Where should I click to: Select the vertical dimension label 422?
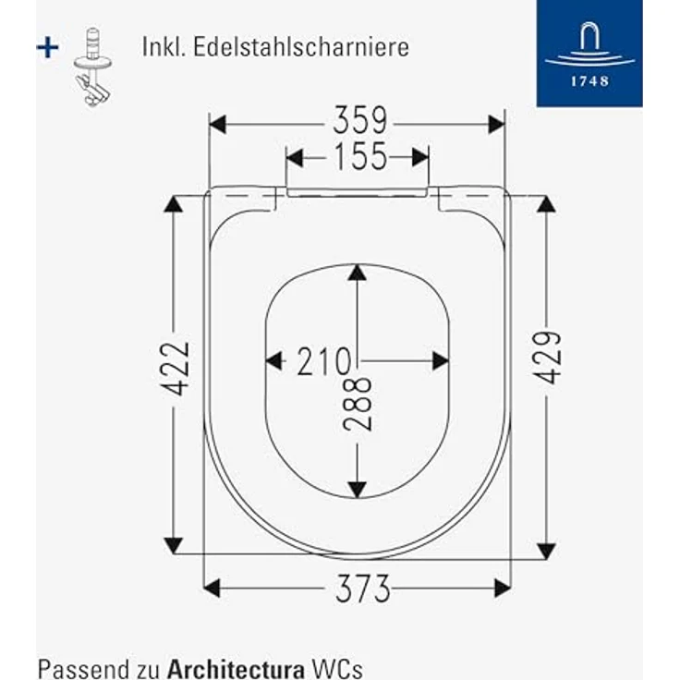coord(177,368)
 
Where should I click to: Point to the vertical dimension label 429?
coord(546,357)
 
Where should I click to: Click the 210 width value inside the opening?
coord(323,361)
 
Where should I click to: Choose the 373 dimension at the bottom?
coord(362,588)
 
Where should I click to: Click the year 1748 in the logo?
coord(589,80)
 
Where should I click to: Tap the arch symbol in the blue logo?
coord(589,42)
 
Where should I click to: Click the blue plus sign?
coord(47,48)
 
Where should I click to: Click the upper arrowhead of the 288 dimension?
coord(358,274)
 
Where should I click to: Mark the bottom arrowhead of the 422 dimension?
coord(174,542)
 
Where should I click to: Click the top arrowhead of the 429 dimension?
coord(546,204)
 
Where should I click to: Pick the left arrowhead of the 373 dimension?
coord(213,588)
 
